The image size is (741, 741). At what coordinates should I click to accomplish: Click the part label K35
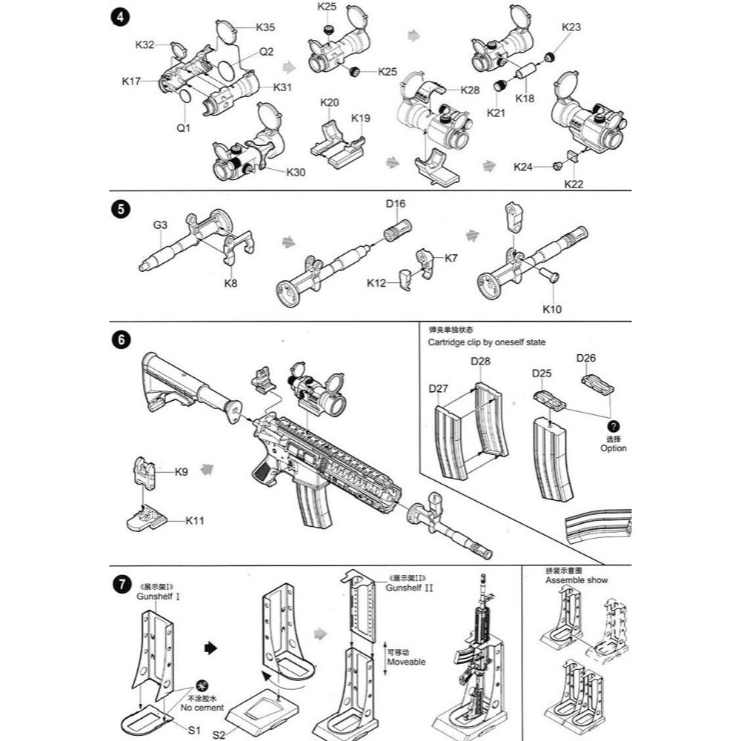click(265, 27)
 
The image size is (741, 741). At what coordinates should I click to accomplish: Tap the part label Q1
click(183, 127)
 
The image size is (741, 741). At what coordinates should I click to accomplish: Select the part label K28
click(470, 90)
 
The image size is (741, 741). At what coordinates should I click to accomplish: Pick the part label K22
click(574, 183)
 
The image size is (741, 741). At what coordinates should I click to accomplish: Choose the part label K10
click(552, 308)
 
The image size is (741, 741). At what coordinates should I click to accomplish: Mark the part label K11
click(195, 521)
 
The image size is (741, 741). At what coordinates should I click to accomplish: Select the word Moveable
click(406, 662)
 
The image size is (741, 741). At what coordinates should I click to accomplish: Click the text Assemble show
click(576, 580)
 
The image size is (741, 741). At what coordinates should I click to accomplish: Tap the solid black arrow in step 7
click(210, 647)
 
